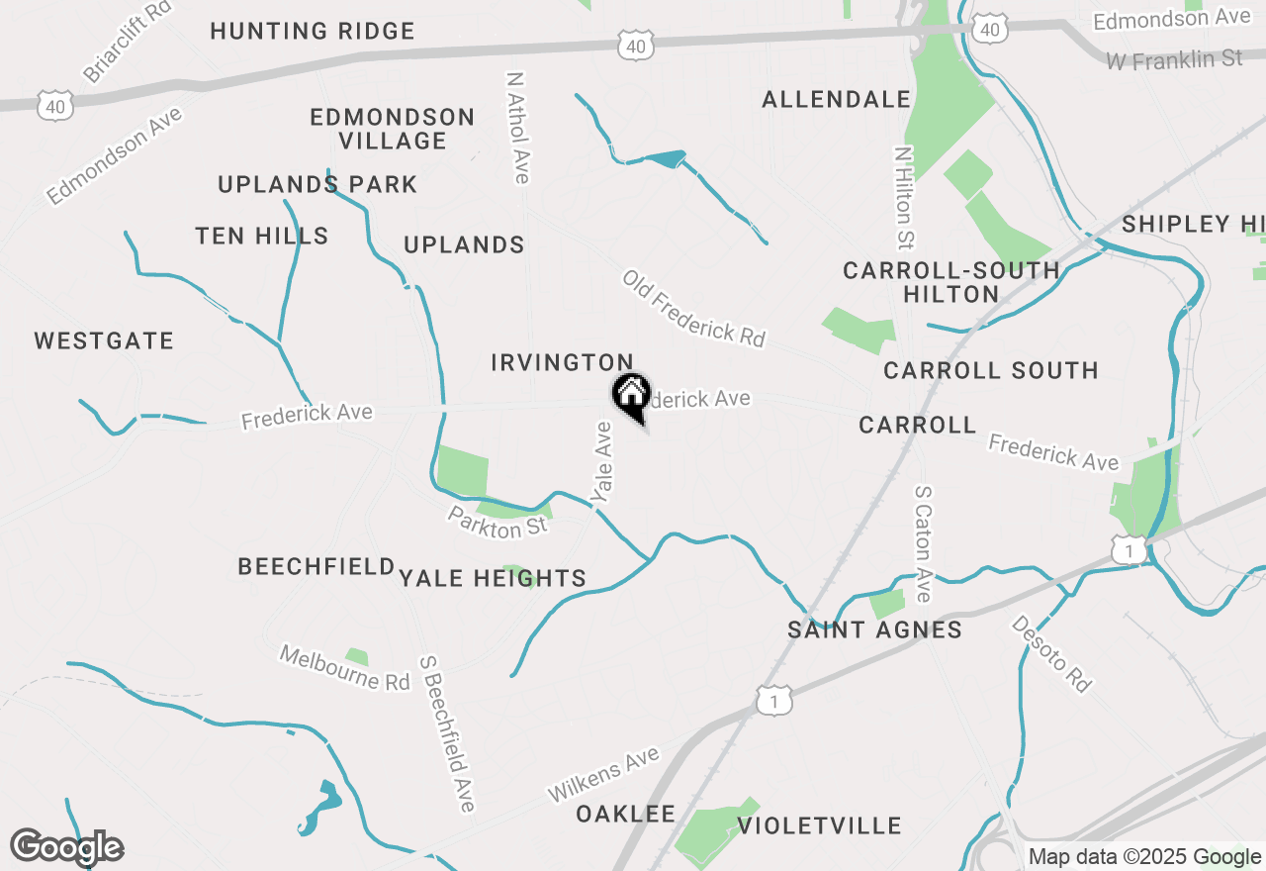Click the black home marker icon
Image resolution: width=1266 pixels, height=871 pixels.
click(631, 395)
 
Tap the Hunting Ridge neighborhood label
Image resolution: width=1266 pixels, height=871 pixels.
click(313, 31)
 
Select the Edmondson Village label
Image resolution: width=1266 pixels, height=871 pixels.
click(393, 129)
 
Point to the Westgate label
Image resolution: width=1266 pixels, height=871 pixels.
click(104, 341)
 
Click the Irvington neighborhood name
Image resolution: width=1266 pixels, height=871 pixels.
click(562, 363)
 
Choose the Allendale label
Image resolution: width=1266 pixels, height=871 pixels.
click(837, 99)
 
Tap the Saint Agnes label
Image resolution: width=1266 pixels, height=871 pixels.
click(874, 629)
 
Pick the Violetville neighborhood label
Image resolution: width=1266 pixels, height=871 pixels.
click(820, 825)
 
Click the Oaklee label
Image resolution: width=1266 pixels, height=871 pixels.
click(626, 814)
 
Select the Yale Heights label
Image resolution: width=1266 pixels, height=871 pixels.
click(494, 578)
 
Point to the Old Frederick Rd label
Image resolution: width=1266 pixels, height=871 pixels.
click(693, 308)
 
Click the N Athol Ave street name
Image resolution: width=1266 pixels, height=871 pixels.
click(518, 127)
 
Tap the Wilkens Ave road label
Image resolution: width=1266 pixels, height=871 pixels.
click(603, 775)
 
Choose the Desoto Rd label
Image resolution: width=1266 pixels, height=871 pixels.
click(1050, 653)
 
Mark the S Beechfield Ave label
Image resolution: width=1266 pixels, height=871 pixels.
click(447, 732)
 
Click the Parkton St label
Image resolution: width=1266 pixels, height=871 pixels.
click(497, 522)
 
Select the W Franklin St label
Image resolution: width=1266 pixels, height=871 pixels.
click(1174, 60)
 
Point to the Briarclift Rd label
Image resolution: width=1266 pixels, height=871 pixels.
click(128, 41)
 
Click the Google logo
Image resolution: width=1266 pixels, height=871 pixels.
click(67, 847)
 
